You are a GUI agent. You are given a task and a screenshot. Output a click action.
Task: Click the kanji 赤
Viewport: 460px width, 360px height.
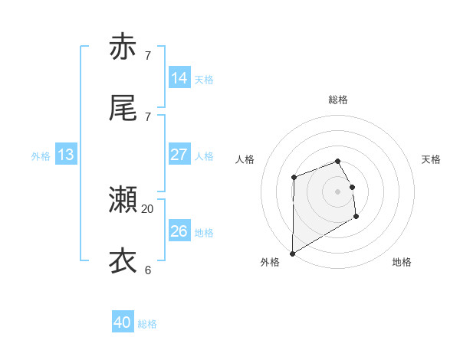pos(123,47)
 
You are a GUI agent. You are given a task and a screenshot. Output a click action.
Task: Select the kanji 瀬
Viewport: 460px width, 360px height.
pos(123,200)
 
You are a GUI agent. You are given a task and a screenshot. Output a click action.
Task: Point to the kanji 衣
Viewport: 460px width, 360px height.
pos(123,261)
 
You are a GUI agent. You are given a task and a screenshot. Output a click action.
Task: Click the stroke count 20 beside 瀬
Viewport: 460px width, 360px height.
pos(148,208)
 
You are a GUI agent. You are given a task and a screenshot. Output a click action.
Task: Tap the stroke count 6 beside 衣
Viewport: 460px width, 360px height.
pos(148,270)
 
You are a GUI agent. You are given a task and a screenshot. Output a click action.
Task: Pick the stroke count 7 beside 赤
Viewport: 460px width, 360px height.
pos(148,55)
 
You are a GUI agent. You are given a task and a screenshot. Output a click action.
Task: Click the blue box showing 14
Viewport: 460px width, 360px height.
pos(179,78)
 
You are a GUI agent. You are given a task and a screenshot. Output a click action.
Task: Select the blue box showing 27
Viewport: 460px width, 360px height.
pos(179,155)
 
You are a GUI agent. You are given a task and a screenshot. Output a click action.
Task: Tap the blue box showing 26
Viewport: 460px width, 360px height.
pos(179,231)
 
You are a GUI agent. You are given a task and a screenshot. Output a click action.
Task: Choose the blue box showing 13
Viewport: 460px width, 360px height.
pos(66,155)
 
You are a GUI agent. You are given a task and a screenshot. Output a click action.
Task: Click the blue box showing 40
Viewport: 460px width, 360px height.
pos(123,322)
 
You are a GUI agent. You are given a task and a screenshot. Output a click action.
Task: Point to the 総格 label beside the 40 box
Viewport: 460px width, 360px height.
pos(147,324)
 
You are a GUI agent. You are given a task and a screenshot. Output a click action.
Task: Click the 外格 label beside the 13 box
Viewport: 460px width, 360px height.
pos(41,156)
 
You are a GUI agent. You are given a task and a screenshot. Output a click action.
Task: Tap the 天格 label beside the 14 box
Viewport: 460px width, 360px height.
pos(203,80)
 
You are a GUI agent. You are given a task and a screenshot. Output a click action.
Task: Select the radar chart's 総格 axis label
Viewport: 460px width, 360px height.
pos(338,100)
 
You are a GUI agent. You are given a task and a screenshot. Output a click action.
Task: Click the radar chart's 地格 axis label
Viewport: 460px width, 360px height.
pos(402,262)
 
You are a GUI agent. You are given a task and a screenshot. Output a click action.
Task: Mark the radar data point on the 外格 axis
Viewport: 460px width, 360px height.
pos(292,253)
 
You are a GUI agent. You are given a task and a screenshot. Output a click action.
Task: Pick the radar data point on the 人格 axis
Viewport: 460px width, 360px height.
pos(294,178)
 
